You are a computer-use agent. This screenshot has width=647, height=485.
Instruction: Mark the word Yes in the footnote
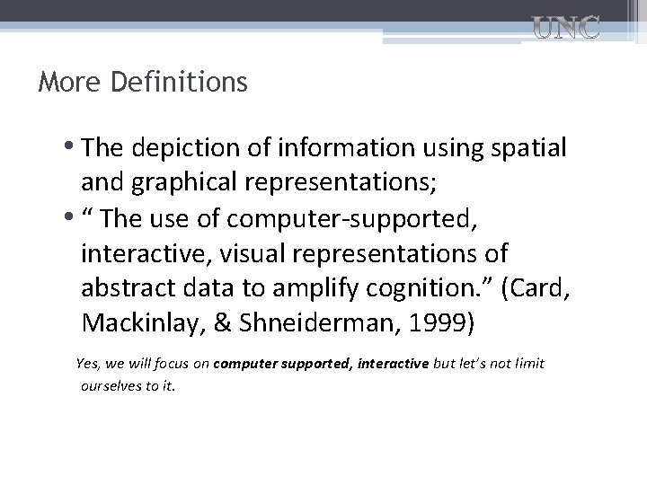[87, 364]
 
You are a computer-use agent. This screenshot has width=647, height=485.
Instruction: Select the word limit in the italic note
[527, 364]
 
